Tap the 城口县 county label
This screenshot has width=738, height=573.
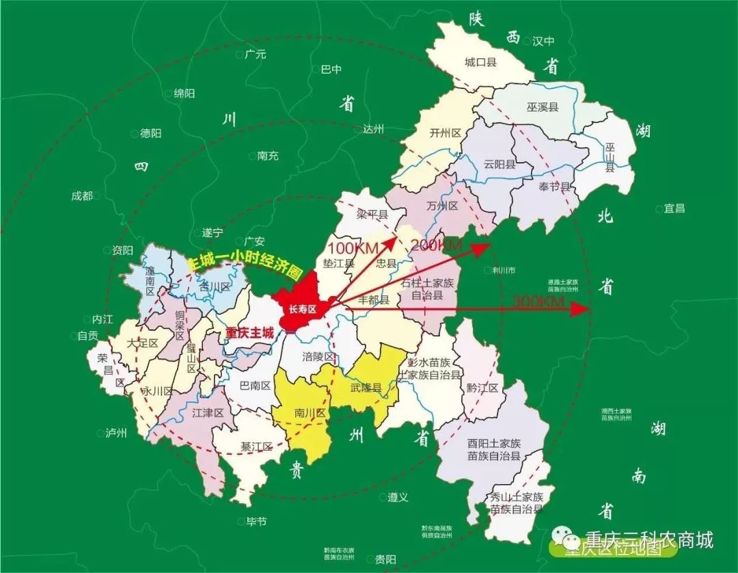click(x=480, y=62)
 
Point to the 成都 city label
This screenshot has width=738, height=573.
click(x=81, y=196)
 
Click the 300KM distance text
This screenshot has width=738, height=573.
click(x=537, y=302)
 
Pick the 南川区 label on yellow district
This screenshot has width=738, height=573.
click(x=310, y=414)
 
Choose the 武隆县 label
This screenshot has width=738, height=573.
click(x=366, y=388)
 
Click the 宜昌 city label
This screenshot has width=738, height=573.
click(x=674, y=209)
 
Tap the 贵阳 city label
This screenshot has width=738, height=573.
click(x=385, y=559)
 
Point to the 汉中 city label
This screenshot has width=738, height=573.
click(x=543, y=41)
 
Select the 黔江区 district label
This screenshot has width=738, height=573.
click(x=483, y=388)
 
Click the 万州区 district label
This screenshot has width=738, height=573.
click(x=441, y=206)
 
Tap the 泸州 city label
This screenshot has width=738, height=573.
click(x=116, y=433)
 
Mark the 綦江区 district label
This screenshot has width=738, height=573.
click(x=256, y=447)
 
